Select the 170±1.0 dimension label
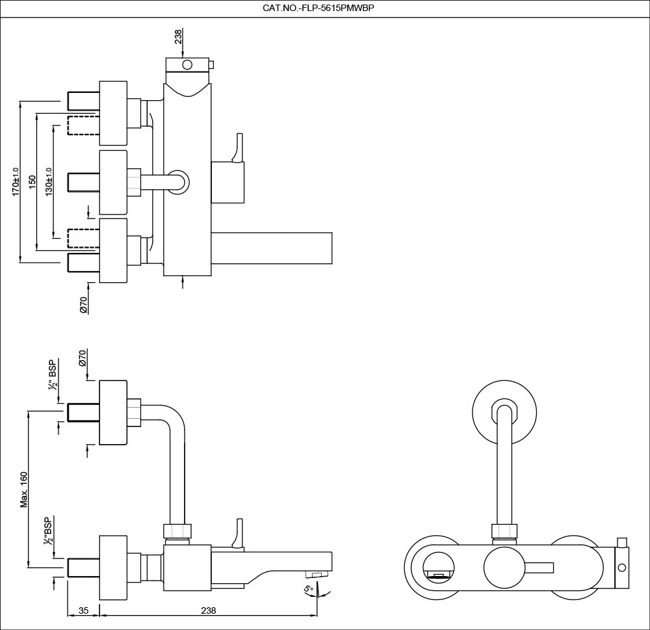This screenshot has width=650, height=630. coord(16,181)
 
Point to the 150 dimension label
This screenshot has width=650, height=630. coord(32,182)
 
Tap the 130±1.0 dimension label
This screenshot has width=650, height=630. coord(48,181)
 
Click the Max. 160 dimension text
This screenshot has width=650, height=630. coord(24,488)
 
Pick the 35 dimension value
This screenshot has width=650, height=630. coord(83,610)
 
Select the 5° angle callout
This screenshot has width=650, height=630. coord(309,590)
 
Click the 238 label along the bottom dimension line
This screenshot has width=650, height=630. coord(208,610)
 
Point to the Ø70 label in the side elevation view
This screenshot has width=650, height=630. coord(83,358)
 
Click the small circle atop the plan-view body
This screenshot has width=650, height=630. coord(188,64)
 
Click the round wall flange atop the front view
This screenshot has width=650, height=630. coord(504,413)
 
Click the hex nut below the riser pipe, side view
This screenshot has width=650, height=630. coord(177,531)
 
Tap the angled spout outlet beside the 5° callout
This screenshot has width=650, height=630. coord(316,574)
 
